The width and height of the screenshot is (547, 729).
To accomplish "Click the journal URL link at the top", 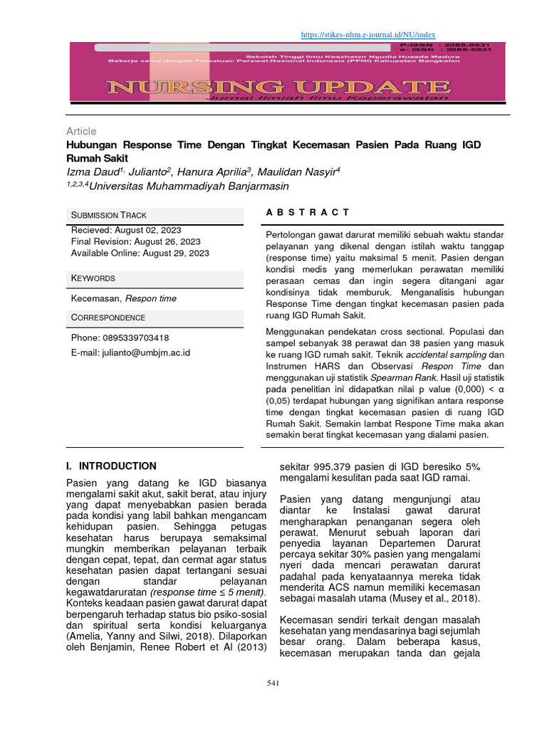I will (368, 34).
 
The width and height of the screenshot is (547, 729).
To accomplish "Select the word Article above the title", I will (81, 132).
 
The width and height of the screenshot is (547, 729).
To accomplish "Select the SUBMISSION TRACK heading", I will (108, 215).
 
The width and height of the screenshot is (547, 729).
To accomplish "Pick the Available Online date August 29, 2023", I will (176, 253).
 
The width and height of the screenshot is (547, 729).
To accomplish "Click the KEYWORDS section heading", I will (93, 278).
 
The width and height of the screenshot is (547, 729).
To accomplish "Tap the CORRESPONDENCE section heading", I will (108, 318).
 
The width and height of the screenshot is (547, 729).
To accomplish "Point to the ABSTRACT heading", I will (308, 212).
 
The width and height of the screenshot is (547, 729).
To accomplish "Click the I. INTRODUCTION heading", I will (110, 466).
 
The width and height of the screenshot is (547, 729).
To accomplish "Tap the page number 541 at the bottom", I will (271, 684).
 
